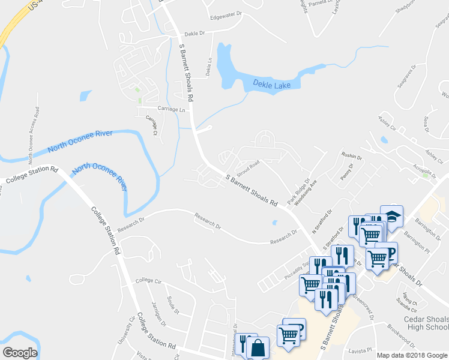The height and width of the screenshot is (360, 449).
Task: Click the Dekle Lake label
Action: click(271, 85)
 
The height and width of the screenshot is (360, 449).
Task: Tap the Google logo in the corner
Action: click(20, 353)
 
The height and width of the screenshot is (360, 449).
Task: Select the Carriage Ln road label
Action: click(171, 109)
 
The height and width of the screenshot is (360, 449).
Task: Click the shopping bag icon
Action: click(258, 347)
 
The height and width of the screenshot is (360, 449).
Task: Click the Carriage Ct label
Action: click(151, 124)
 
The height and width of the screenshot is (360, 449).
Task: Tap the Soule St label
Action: click(173, 307)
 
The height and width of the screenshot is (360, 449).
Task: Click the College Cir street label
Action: click(149, 280)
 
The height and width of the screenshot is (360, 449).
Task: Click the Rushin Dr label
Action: click(352, 155)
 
